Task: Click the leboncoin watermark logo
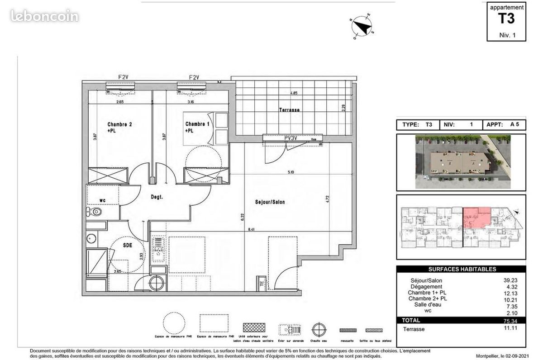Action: click(x=44, y=17)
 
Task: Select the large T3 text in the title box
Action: click(x=506, y=19)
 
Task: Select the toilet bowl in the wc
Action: click(x=95, y=212)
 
